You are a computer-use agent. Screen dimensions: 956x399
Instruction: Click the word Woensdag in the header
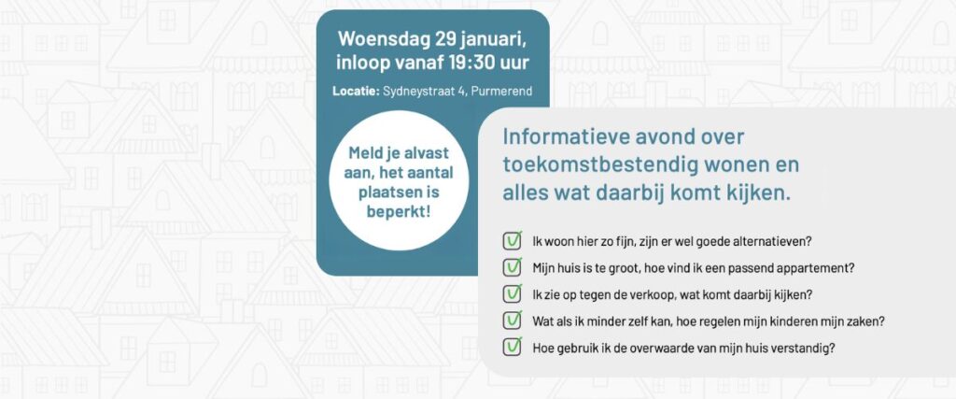point(384,38)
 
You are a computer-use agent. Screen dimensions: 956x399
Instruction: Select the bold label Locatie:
point(356,92)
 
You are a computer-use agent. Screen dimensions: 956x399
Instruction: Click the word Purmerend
point(502,92)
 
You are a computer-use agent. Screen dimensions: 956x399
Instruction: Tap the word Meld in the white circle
point(365,153)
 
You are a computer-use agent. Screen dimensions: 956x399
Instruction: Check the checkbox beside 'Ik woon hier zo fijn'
point(513,240)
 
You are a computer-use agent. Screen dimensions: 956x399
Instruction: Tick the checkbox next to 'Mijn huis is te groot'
point(513,267)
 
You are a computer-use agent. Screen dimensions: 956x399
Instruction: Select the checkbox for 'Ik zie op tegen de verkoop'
point(513,293)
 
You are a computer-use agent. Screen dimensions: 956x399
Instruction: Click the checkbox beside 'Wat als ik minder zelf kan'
point(513,321)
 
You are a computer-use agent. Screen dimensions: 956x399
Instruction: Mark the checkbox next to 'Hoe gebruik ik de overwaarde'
point(513,348)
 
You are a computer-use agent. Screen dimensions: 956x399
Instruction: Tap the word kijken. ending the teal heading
point(756,193)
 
